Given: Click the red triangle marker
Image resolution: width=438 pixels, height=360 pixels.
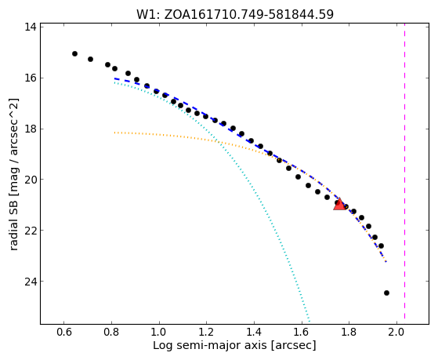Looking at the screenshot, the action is point(339,204).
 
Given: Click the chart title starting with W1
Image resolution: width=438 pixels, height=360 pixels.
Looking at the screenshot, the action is point(235,15).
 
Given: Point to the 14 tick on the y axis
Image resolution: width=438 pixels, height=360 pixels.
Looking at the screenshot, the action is point(31,27).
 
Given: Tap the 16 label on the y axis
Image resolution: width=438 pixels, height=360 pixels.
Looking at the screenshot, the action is point(31,78).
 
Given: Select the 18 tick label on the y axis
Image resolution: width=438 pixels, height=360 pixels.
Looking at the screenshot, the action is point(31,129).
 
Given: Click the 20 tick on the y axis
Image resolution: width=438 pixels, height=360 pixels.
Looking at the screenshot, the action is point(31,180).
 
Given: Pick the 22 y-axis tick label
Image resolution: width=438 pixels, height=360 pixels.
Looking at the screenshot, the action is point(31,231).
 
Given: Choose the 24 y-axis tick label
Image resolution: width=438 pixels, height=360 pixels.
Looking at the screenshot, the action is point(31,281).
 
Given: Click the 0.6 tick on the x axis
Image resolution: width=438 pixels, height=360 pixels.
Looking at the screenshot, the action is point(63,333).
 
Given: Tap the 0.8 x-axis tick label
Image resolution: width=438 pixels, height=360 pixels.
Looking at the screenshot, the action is point(111,333).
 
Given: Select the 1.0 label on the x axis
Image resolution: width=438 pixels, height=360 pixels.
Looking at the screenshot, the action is point(158,333).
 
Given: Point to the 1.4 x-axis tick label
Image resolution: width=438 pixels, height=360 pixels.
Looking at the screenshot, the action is point(254,333).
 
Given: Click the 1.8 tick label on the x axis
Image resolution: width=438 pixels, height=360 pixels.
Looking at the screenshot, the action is point(349,333).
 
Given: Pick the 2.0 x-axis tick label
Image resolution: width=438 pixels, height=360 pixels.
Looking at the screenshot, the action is point(396,333).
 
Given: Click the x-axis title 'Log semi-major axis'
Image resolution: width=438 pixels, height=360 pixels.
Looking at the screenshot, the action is point(210,346).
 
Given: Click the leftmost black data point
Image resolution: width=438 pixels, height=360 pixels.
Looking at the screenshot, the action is point(74,53).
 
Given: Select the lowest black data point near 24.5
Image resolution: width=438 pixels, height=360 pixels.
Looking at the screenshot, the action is point(386,293).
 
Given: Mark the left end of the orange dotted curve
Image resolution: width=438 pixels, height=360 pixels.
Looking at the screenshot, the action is point(114,133).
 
